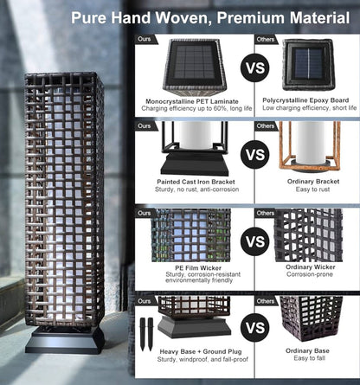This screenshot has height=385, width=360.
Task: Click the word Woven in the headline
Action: [x=183, y=18]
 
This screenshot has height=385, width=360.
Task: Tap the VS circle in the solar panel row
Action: [x=255, y=68]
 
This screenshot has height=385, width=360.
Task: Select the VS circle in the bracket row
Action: [x=255, y=155]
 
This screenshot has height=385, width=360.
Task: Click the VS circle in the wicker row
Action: [x=255, y=241]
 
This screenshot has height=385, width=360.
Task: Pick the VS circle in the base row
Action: [x=255, y=328]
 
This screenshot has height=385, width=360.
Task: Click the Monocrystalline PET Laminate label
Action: [x=192, y=101]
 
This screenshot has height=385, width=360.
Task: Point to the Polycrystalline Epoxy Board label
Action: [x=305, y=100]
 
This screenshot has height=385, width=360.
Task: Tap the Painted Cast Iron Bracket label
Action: [x=196, y=182]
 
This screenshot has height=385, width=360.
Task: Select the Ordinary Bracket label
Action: [x=313, y=182]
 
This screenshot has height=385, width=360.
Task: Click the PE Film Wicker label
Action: [x=198, y=268]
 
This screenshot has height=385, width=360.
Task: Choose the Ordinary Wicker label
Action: [x=311, y=267]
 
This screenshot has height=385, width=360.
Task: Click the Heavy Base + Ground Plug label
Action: [x=201, y=351]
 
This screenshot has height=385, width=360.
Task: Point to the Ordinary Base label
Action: [x=307, y=350]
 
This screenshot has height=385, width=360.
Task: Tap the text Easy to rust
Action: [x=312, y=189]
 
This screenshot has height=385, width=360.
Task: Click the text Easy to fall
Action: [x=309, y=358]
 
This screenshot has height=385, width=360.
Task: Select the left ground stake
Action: [x=143, y=334]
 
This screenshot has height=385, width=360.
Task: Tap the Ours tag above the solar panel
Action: [x=145, y=39]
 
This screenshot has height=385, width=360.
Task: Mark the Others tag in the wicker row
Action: [x=266, y=213]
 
